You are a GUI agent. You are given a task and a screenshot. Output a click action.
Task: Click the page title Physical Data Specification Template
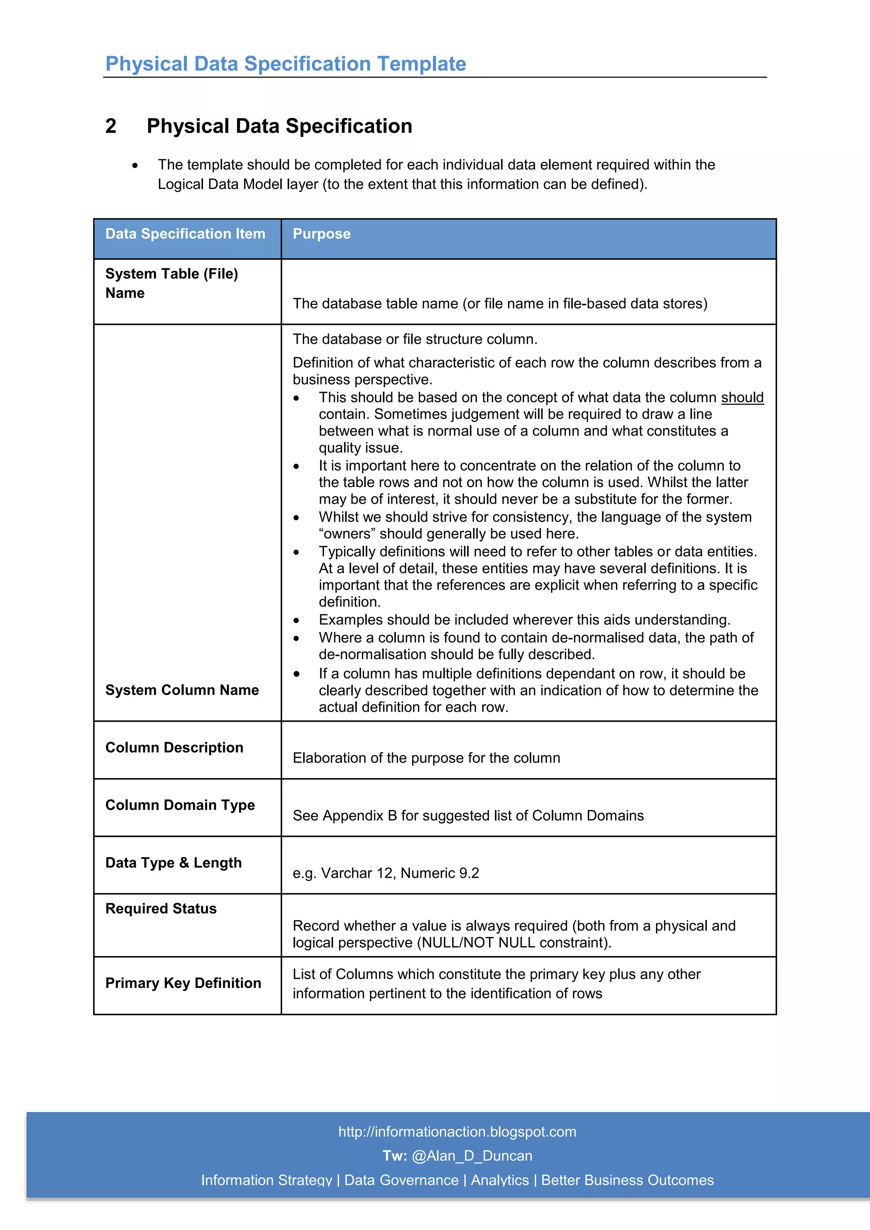point(285,64)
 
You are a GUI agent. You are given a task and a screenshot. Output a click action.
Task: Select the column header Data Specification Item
point(185,234)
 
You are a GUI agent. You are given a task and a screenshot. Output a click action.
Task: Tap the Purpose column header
point(322,234)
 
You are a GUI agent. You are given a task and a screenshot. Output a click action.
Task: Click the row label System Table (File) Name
point(172,283)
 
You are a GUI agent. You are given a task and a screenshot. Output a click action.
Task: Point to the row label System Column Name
point(182,690)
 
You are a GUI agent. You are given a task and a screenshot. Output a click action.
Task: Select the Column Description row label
point(174,748)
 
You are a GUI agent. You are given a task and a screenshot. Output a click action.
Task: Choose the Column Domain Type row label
point(180,805)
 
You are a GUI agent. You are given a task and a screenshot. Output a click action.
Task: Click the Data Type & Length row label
point(174,863)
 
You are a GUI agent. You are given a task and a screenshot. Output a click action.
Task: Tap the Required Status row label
point(161,908)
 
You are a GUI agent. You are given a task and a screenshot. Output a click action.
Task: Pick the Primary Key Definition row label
point(183,983)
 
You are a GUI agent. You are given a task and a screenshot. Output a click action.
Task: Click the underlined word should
point(742,398)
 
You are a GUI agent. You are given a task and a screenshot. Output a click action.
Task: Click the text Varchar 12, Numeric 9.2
point(400,873)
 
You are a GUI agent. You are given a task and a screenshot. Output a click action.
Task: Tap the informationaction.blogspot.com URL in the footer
point(457,1132)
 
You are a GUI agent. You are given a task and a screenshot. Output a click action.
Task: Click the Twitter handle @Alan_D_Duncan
point(472,1156)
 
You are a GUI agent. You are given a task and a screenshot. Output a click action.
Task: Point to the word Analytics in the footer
point(499,1180)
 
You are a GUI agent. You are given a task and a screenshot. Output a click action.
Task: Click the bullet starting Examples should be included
point(524,620)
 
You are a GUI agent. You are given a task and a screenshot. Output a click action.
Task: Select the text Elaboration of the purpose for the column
point(426,758)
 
